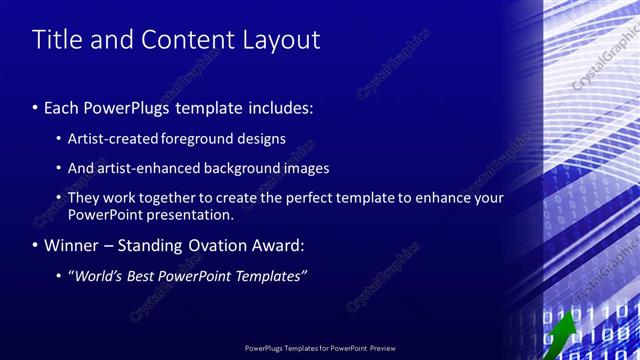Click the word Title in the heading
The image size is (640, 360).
(x=56, y=40)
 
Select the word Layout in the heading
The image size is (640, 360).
(x=281, y=40)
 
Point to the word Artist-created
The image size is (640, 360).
(x=111, y=138)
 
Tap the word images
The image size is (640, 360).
(x=304, y=168)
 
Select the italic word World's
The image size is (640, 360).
(x=99, y=275)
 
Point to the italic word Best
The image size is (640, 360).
(x=150, y=275)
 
